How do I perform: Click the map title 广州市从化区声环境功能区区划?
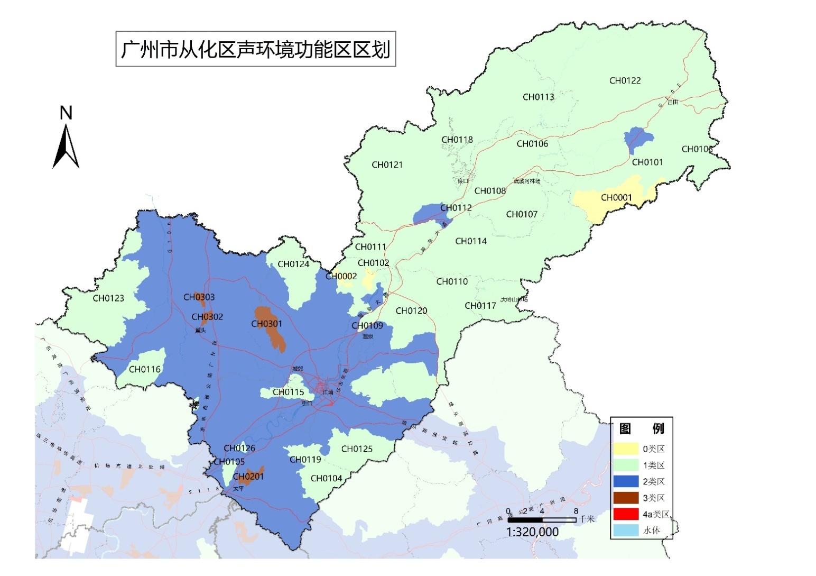coord(256,50)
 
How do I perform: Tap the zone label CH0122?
coord(625,80)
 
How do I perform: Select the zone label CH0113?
coord(539,97)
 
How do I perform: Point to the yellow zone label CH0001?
coord(616,197)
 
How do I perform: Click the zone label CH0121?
coord(387,164)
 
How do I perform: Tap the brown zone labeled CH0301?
coord(271,328)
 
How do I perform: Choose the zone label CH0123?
coord(108,298)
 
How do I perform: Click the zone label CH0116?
coord(144,369)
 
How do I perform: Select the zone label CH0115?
coord(288,392)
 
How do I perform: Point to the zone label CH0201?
coord(248,476)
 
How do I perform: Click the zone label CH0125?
coord(357,449)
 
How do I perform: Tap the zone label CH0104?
coord(326,478)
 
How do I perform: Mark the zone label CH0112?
coord(456,207)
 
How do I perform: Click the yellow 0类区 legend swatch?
coord(626,449)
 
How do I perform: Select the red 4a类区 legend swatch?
coord(626,514)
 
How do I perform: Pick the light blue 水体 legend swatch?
coord(626,530)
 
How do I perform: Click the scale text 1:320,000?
coord(532,532)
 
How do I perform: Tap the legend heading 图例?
coord(641,428)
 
